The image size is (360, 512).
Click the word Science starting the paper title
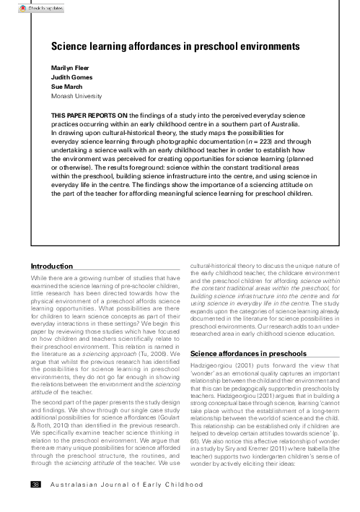69,45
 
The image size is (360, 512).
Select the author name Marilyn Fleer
71,67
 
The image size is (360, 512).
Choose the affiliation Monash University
77,96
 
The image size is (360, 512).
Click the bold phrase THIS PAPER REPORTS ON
92,115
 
